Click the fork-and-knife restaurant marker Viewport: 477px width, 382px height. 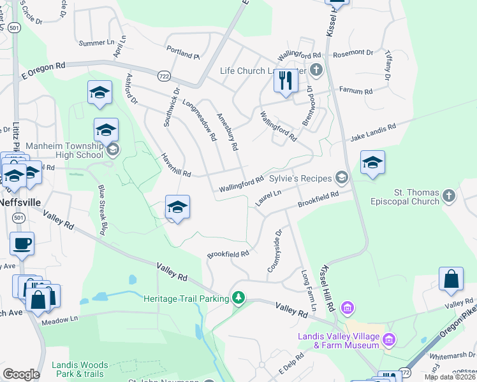point(285,81)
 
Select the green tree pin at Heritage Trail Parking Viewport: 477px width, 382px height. point(238,298)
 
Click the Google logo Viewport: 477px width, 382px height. point(21,374)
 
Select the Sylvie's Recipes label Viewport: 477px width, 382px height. point(300,179)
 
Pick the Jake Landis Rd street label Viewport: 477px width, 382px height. point(372,132)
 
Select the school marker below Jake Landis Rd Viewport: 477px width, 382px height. point(372,164)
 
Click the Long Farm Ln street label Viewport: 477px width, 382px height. point(309,290)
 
